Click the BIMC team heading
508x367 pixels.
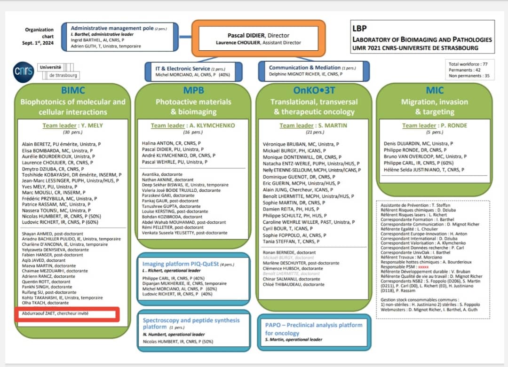73,90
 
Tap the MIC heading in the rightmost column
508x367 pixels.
434,90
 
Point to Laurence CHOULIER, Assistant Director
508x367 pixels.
258,43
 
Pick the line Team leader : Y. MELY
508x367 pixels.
72,125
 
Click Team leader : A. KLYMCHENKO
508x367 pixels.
193,125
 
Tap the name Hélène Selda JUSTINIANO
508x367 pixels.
424,170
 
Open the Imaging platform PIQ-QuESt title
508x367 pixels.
181,264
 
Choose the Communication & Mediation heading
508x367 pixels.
305,68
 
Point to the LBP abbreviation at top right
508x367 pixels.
360,29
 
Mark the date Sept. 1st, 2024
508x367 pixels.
40,43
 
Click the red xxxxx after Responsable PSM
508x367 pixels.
425,266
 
